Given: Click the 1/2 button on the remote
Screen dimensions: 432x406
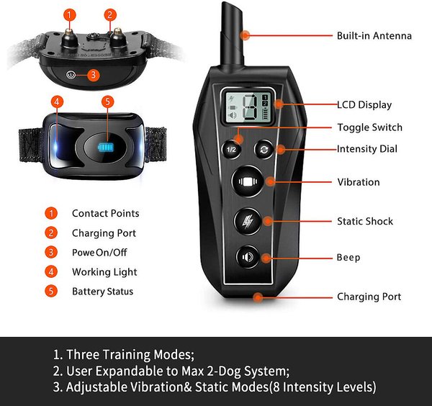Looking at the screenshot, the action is pos(231,149).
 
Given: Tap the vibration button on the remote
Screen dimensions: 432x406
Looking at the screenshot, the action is pos(248,181).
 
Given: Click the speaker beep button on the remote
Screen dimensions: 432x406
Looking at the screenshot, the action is pos(248,257).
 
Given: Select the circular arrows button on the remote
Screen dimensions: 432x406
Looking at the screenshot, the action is pos(264,150).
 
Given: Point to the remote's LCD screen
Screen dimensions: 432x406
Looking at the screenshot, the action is pos(248,107).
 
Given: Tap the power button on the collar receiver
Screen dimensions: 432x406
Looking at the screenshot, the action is pos(71,75).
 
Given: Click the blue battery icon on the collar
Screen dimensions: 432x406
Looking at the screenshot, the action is pos(106,148).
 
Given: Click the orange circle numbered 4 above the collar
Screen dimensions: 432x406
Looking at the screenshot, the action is pos(57,101).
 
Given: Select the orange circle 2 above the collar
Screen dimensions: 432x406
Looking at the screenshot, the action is pos(110,14).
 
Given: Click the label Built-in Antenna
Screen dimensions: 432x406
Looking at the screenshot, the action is pos(374,36).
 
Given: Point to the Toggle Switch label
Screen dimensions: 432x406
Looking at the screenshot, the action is pos(370,127).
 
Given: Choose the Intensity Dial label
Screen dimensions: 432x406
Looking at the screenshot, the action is pos(367,149).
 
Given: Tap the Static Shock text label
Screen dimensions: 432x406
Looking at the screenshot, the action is pos(365,221).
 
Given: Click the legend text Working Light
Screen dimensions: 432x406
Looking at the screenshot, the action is pos(104,272).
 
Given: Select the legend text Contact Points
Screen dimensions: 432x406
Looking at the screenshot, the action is pos(106,214).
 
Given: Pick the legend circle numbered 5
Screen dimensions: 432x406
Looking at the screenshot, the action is pos(51,291).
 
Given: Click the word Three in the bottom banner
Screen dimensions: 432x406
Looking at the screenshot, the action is pos(83,354).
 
